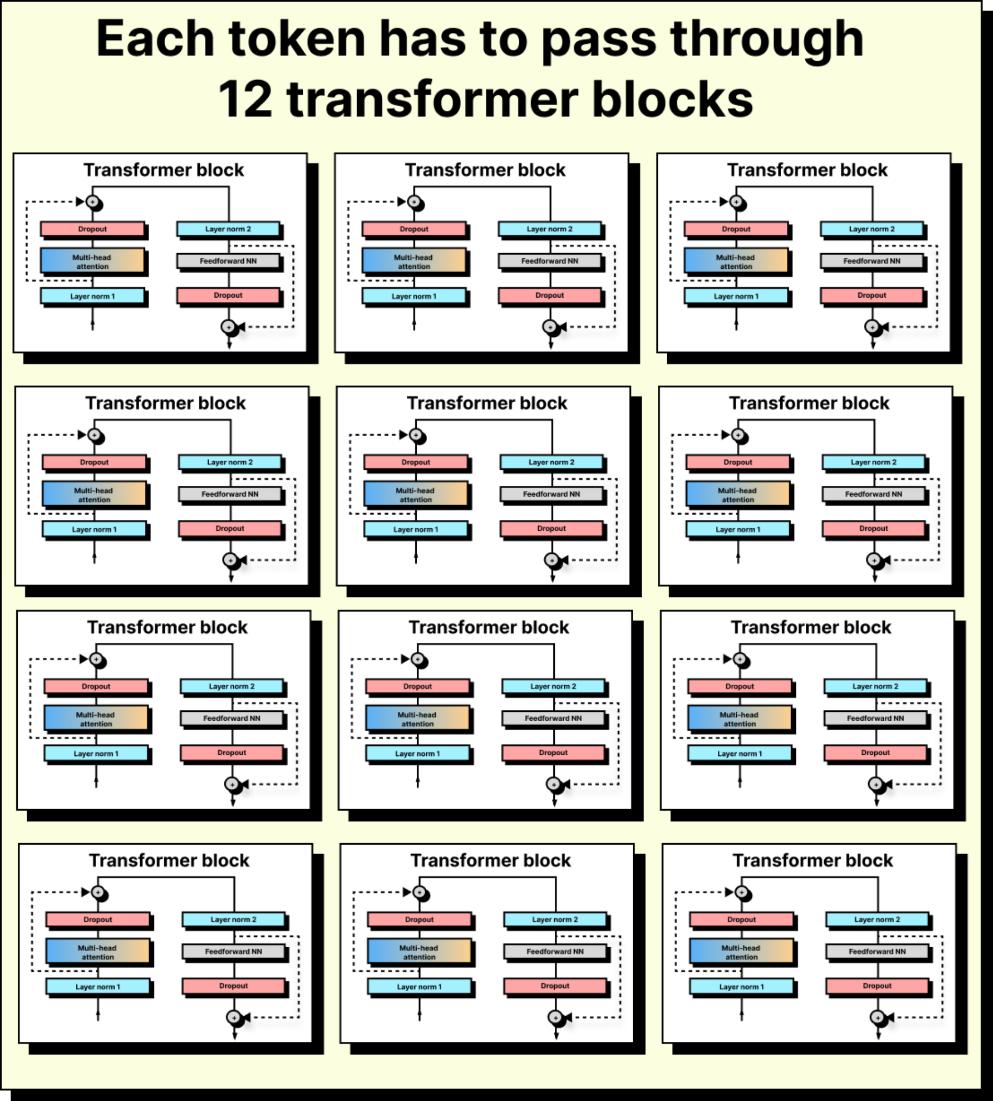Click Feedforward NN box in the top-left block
click(x=228, y=261)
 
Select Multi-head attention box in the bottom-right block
click(x=741, y=952)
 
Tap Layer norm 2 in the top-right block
click(x=871, y=229)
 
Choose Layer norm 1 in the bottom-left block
click(x=98, y=986)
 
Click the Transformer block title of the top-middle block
click(x=485, y=170)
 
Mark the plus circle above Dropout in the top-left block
click(x=93, y=202)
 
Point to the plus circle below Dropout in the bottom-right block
click(x=877, y=1017)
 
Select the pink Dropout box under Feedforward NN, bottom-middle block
click(x=555, y=985)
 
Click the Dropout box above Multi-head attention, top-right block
click(x=736, y=229)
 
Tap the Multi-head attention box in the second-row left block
click(x=94, y=495)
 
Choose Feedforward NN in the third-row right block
click(x=875, y=718)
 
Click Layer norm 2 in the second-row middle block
click(x=551, y=462)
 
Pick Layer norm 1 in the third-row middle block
click(x=417, y=753)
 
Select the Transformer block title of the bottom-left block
click(x=169, y=860)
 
